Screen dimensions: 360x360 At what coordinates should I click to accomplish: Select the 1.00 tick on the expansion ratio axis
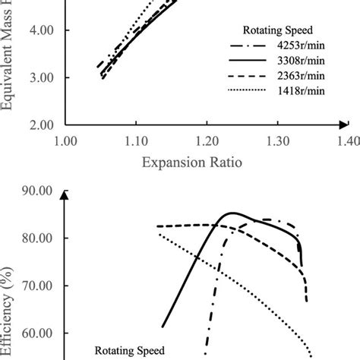[65, 141]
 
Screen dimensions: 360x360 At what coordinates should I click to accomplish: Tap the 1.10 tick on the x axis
[136, 141]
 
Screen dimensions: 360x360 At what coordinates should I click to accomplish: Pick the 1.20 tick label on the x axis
[207, 141]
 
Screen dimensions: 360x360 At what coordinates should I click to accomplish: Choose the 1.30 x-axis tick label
[278, 141]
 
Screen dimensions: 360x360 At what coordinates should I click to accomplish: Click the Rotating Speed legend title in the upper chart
[274, 30]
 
